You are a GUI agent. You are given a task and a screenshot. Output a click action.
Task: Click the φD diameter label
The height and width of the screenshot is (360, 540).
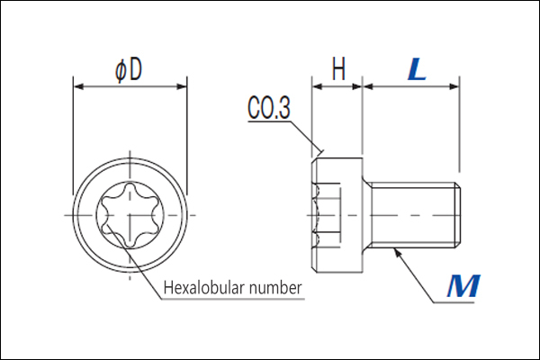coord(128,70)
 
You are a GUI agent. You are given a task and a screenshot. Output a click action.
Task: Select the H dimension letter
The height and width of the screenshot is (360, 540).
coord(338,68)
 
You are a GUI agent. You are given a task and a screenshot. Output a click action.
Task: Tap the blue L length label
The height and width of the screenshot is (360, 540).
coord(417,69)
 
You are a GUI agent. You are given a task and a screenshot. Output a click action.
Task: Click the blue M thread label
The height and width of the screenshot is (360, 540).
coord(463,285)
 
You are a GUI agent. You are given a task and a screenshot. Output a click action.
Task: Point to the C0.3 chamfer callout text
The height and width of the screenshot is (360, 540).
coord(269,107)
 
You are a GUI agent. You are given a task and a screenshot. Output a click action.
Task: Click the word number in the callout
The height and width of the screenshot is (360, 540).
coord(276,288)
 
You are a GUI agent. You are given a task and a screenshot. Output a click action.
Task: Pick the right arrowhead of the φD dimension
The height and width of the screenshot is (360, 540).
coord(182,86)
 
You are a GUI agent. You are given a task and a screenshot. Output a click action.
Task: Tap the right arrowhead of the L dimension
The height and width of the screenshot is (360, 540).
coord(454,86)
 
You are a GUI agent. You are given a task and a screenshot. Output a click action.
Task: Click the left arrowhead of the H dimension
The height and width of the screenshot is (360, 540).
coord(317,86)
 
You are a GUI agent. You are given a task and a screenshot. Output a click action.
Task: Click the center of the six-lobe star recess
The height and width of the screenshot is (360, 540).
coord(130,215)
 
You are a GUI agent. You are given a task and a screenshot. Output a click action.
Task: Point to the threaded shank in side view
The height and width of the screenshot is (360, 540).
coord(415,215)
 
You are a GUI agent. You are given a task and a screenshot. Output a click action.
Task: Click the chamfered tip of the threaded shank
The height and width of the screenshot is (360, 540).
coord(457,215)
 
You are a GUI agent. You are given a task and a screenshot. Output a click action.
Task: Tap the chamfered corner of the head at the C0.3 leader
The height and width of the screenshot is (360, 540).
coord(314,161)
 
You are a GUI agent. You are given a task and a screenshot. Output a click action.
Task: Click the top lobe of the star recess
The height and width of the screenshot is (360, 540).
coord(130,189)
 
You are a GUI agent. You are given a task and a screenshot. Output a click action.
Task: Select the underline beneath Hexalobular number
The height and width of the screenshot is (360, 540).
coord(233,298)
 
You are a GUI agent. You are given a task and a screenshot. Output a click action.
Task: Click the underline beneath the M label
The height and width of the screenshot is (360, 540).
coord(454,302)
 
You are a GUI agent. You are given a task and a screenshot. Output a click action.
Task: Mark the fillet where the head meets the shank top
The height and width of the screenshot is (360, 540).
coord(366,180)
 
